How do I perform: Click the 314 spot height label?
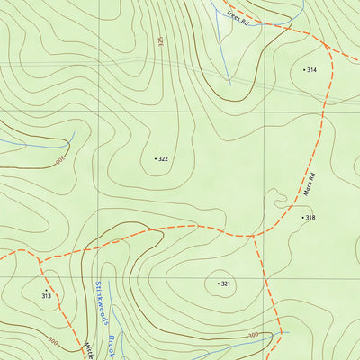click(311, 69)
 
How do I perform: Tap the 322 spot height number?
click(163, 158)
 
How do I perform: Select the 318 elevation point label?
click(310, 218)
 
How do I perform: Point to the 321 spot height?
click(226, 283)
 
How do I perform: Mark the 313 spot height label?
click(46, 295)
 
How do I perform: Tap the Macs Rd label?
click(309, 184)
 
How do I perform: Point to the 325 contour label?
click(160, 41)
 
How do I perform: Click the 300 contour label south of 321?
click(253, 335)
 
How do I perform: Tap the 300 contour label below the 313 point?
click(52, 342)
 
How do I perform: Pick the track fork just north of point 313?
click(39, 264)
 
